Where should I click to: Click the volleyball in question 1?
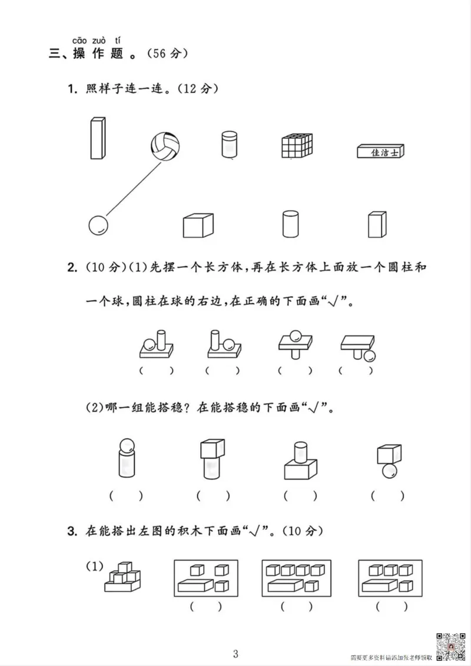click(165, 145)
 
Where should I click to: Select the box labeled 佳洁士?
click(382, 152)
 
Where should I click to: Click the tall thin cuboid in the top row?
click(97, 138)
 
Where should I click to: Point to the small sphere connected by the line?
click(98, 225)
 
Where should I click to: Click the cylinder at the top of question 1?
click(228, 145)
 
